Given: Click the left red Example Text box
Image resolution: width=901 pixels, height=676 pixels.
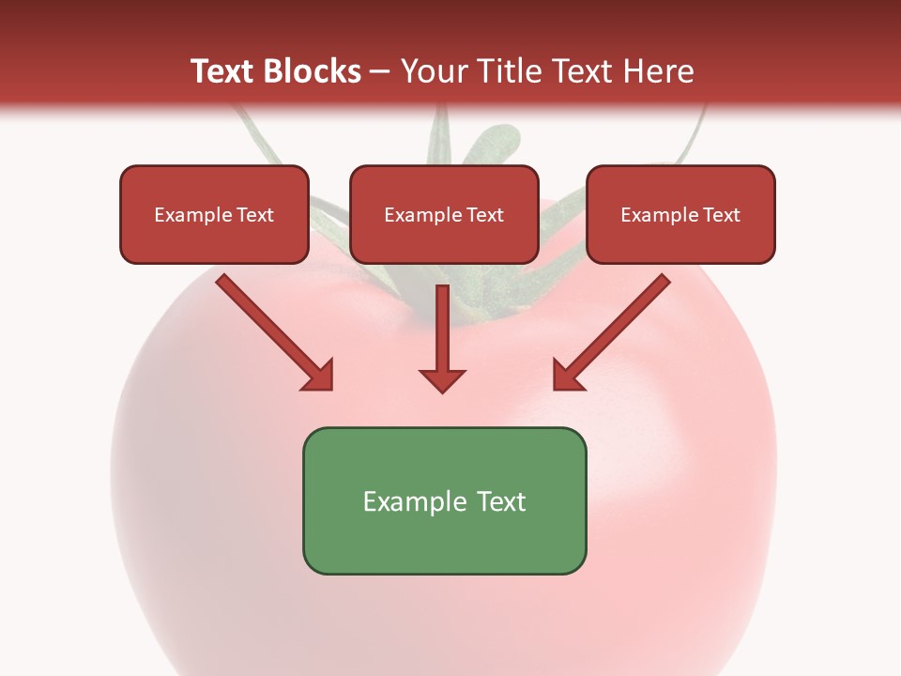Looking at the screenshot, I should (x=214, y=215).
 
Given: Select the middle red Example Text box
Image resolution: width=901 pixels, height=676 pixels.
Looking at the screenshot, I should (x=444, y=215).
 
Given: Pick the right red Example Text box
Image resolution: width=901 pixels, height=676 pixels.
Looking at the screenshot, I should (x=680, y=215).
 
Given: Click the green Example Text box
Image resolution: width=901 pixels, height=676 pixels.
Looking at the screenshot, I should (x=444, y=500).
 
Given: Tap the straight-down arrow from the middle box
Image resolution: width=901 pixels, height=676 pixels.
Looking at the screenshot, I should (x=442, y=329).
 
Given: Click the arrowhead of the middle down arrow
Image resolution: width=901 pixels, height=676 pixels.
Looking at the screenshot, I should (x=442, y=379).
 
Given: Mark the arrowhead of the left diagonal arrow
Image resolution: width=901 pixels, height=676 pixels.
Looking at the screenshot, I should (x=319, y=376).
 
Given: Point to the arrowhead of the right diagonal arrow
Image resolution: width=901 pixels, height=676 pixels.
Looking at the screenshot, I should (x=567, y=376).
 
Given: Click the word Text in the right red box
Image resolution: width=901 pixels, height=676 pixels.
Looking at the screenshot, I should (x=721, y=215).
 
